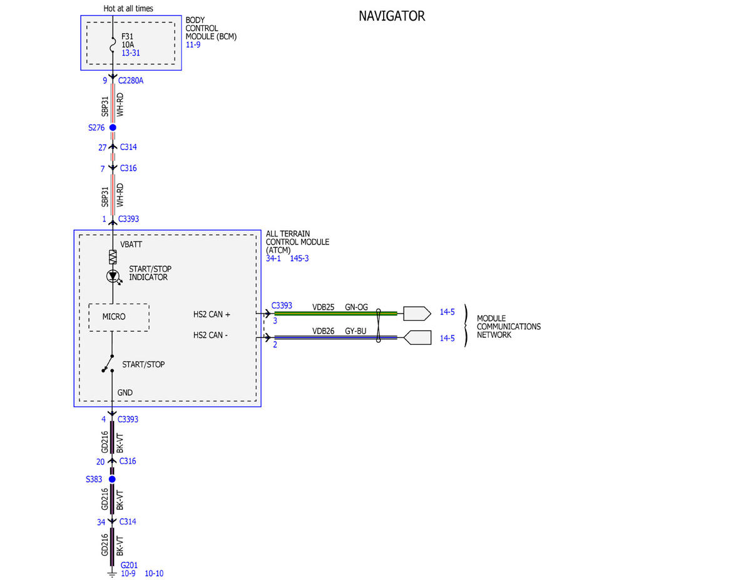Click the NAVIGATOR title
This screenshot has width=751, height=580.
click(x=392, y=16)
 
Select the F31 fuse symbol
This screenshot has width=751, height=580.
click(x=113, y=45)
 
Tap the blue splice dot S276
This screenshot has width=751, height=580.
click(x=113, y=128)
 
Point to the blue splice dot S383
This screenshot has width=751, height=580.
click(x=112, y=479)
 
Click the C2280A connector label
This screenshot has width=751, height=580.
click(x=131, y=81)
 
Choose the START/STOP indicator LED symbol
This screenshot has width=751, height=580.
click(x=113, y=276)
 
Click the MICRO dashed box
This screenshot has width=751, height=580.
click(x=119, y=317)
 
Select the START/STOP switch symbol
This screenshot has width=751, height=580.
click(x=108, y=364)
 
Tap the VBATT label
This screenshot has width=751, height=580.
click(x=131, y=245)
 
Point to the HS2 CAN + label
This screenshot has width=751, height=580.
click(x=212, y=314)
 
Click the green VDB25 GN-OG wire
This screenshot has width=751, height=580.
click(x=335, y=313)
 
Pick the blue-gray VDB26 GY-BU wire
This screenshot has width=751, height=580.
click(x=335, y=337)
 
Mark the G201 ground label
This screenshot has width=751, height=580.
click(x=129, y=565)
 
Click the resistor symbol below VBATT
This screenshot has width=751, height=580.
click(x=113, y=257)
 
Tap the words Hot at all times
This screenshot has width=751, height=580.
click(x=128, y=8)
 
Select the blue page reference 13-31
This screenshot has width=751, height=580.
click(x=131, y=53)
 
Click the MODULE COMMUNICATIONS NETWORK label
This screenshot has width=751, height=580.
click(x=509, y=327)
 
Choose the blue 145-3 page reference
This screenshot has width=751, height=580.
click(x=299, y=258)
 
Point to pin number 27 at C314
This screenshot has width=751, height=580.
click(x=102, y=148)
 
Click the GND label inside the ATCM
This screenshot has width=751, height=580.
click(x=125, y=392)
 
